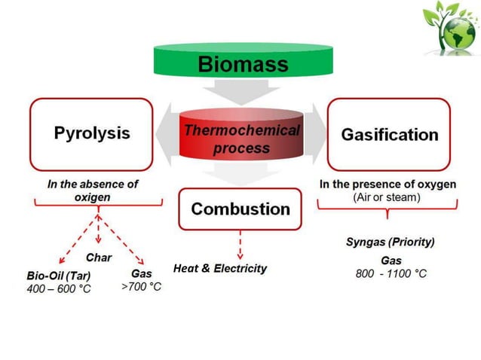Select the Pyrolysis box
coord(92,133)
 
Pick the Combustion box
coord(240,208)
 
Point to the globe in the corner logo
coord(458,30)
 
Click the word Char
coord(99,258)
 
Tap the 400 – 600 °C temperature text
coord(58,288)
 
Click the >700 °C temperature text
coord(141,286)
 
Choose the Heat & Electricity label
coord(219,268)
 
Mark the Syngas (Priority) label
coord(390,242)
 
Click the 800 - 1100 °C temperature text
coord(391,273)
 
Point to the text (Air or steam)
coord(387,197)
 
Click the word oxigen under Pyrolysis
coord(93,197)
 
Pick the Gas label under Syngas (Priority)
coord(391,259)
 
